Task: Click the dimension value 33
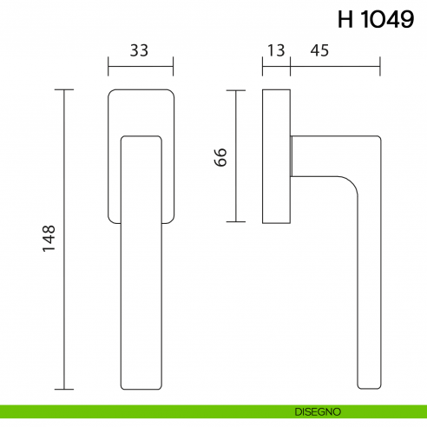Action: (x=140, y=50)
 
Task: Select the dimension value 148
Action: (x=49, y=239)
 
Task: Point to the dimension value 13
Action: (x=276, y=50)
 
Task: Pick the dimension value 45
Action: (x=319, y=50)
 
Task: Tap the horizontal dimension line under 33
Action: (x=140, y=66)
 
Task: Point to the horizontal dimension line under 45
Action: (x=335, y=66)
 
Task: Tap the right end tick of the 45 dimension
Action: (x=380, y=66)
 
